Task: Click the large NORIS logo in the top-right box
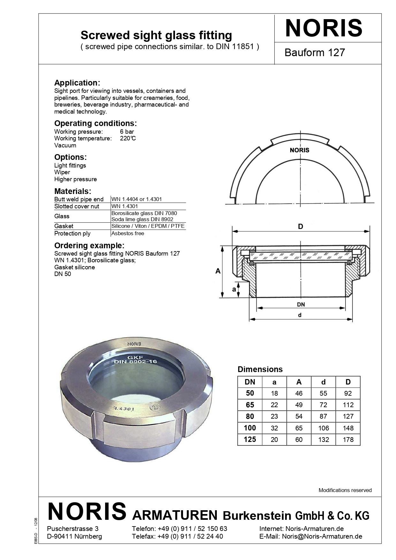pos(324,28)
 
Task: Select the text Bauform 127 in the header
pos(315,52)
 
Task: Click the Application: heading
pos(77,83)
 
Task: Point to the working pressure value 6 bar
pos(127,131)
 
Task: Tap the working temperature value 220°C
pos(128,138)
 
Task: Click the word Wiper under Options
pos(62,172)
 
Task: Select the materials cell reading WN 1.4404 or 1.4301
pos(136,199)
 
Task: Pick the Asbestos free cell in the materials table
pos(127,233)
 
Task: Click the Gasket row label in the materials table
pos(64,226)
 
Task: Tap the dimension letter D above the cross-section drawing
pos(300,227)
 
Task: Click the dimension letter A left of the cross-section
pos(218,271)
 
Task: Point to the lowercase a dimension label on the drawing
pos(234,289)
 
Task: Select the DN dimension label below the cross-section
pos(301,304)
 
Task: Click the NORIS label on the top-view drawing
pos(299,150)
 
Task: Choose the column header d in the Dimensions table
pos(323,382)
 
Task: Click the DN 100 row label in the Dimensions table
pos(250,428)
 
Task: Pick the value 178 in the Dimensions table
pos(348,440)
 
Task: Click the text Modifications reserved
pos(345,490)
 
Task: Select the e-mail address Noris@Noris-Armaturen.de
pos(322,536)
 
